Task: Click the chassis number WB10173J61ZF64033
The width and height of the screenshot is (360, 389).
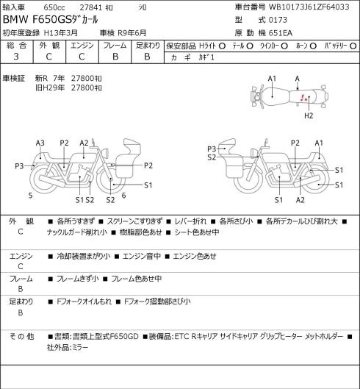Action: coord(309,7)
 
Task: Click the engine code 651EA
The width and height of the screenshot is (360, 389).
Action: coord(281,33)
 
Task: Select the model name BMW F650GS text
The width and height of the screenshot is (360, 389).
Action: coord(37,20)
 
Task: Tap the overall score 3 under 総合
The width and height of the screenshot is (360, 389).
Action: coord(16,57)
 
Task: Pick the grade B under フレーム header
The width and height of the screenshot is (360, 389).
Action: coord(115,57)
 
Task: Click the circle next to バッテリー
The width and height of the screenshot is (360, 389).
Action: coord(353,46)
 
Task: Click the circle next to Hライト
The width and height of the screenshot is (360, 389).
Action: coord(222,46)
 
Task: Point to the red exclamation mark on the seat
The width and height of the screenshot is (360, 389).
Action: coord(302,98)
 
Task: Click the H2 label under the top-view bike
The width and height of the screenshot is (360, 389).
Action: coord(309,115)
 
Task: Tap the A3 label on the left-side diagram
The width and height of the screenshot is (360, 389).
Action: coord(40,143)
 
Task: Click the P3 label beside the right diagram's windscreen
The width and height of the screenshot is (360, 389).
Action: coord(212,149)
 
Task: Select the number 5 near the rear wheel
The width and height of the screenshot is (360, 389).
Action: coord(31,196)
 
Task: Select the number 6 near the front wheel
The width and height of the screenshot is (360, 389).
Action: coord(123,196)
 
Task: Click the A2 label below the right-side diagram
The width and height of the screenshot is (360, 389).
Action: coord(300,200)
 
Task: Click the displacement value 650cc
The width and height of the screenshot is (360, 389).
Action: coord(54,7)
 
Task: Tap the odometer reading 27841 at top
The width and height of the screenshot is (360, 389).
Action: coord(91,7)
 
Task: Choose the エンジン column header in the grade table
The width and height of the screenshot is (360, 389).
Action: coord(82,46)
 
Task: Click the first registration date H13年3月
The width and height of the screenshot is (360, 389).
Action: coord(61,33)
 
